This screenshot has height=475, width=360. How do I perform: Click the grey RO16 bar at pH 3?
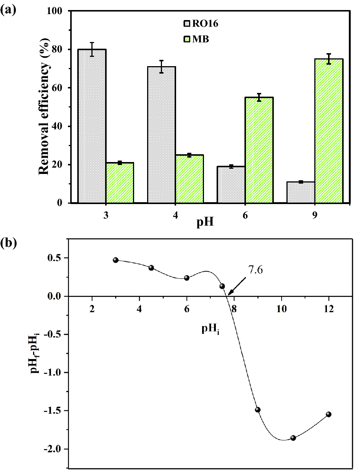(x=92, y=126)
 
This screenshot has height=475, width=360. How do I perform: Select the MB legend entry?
(x=197, y=39)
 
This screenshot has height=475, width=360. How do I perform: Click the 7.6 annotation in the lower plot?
(x=255, y=270)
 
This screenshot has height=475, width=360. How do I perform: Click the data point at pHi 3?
(x=116, y=260)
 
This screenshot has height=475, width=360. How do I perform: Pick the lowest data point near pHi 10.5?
(x=293, y=438)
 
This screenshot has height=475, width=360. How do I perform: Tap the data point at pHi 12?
(x=328, y=414)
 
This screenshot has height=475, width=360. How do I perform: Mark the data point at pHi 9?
(x=258, y=410)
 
